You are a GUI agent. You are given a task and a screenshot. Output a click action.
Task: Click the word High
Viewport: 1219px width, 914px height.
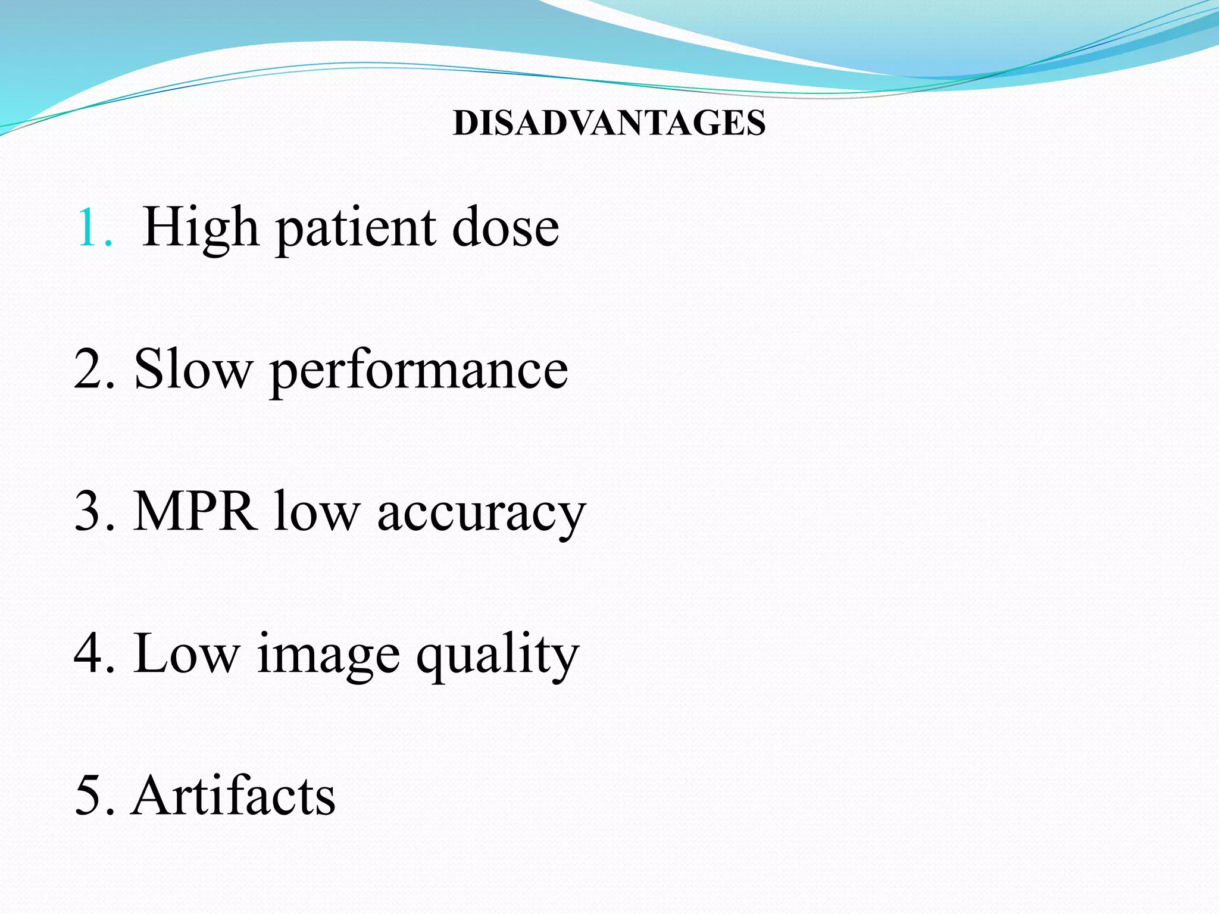pyautogui.click(x=201, y=228)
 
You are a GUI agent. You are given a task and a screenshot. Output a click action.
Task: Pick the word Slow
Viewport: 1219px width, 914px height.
pyautogui.click(x=193, y=369)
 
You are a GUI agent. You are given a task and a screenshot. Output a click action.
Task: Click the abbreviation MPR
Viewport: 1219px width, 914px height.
pyautogui.click(x=196, y=511)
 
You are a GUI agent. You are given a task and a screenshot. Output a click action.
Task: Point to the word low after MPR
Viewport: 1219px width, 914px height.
pyautogui.click(x=317, y=511)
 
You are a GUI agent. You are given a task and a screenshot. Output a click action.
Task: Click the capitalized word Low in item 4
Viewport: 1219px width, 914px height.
pyautogui.click(x=187, y=653)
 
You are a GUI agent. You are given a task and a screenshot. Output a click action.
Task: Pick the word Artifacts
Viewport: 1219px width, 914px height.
pyautogui.click(x=234, y=796)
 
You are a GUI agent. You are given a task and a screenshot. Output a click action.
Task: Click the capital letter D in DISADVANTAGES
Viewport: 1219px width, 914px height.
pyautogui.click(x=464, y=123)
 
